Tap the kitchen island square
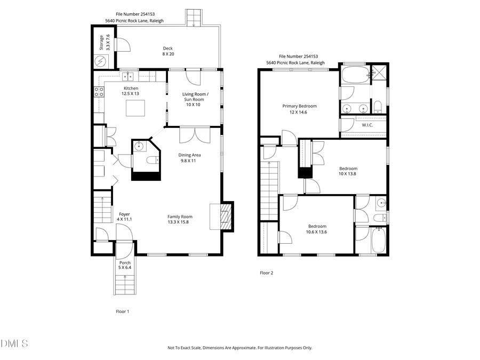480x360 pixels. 135,108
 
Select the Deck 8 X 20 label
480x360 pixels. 167,51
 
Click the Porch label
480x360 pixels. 125,265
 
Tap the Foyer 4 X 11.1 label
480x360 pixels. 124,217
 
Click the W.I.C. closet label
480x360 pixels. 367,125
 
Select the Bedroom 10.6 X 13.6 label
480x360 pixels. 317,229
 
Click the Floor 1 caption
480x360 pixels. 123,311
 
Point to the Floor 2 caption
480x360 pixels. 266,273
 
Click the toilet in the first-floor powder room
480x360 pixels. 152,159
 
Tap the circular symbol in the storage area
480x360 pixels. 101,61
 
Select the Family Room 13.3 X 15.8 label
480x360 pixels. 180,219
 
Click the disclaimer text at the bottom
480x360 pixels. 240,348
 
